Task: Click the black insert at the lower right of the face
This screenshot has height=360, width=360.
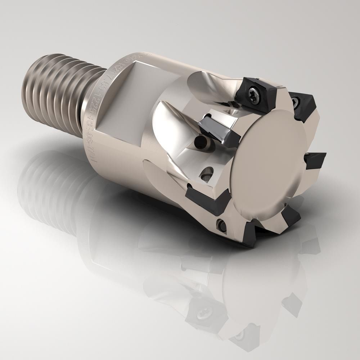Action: pyautogui.click(x=291, y=216)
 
